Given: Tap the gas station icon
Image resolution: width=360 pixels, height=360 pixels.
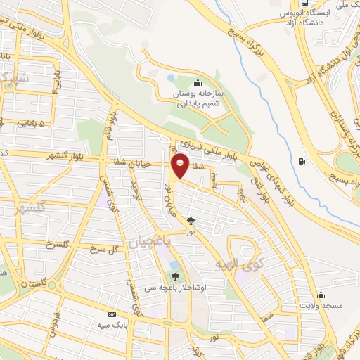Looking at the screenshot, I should click(302, 161).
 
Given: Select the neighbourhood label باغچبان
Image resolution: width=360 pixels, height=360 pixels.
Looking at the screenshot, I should click(148, 243).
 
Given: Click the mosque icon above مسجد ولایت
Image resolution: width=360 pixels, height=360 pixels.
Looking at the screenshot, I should click(321, 295).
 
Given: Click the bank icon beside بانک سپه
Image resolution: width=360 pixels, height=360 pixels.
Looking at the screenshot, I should click(111, 315).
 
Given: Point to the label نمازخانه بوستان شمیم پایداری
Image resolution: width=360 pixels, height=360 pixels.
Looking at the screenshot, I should click(200, 98).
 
